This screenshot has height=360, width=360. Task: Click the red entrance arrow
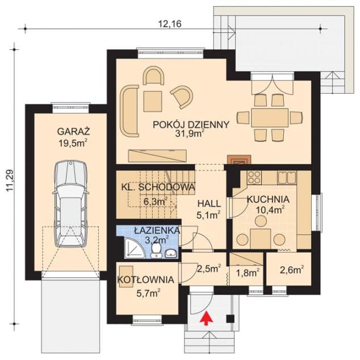[206, 318]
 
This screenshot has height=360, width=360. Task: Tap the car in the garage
[70, 204]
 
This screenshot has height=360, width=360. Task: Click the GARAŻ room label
[73, 132]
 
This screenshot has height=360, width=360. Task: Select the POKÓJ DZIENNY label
[191, 124]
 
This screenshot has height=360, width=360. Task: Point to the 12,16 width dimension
[170, 24]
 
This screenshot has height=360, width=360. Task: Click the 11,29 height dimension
[10, 181]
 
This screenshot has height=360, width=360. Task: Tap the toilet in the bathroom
[156, 251]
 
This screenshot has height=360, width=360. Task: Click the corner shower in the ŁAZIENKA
[133, 248]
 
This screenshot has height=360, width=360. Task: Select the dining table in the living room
[270, 118]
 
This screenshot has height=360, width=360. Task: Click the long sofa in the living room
[129, 111]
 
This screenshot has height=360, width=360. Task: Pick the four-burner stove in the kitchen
[254, 178]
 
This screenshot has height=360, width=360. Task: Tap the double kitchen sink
[287, 177]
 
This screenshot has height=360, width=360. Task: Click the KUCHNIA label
[268, 199]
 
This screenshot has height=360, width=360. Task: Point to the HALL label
[209, 203]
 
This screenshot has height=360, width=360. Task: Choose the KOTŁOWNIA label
[145, 279]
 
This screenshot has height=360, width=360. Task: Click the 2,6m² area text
[292, 270]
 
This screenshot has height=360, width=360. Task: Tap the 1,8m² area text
[248, 273]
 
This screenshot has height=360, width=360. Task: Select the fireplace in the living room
[239, 160]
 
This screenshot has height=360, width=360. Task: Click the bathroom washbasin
[170, 253]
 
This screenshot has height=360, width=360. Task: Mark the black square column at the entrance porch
[231, 319]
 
